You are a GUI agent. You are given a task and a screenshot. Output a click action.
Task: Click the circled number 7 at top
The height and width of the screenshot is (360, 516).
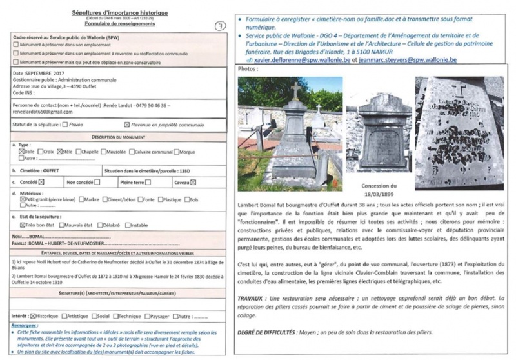click(219, 24)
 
